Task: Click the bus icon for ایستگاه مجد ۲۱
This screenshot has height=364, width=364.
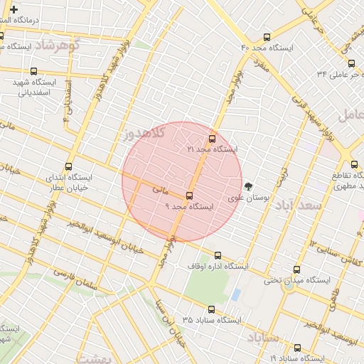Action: click(211, 139)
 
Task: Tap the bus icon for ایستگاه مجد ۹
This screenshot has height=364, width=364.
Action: click(189, 196)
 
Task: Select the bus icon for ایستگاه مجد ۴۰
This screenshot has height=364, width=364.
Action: click(267, 37)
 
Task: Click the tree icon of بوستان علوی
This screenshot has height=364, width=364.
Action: click(248, 186)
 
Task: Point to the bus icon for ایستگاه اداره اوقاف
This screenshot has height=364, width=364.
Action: click(218, 255)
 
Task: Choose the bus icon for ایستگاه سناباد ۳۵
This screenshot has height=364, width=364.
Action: click(211, 309)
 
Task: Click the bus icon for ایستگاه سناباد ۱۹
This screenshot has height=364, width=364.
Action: click(296, 348)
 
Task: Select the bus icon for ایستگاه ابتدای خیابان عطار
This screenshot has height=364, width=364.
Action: click(69, 166)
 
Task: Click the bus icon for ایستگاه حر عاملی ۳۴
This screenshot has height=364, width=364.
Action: click(351, 64)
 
